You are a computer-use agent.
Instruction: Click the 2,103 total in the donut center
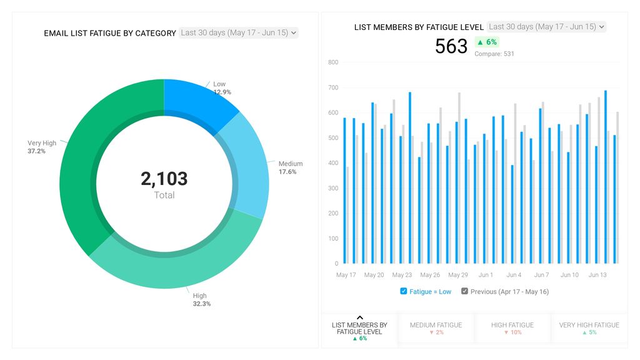point(164,179)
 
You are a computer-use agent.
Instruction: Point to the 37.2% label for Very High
point(36,151)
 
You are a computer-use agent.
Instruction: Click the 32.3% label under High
point(201,304)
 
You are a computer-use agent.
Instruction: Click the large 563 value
point(451,46)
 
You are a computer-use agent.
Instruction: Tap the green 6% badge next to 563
point(487,42)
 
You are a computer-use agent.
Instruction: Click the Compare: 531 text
point(494,54)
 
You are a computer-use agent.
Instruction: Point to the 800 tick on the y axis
point(332,62)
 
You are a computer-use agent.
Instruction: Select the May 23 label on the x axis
point(402,275)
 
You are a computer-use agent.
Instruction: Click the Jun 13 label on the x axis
point(597,275)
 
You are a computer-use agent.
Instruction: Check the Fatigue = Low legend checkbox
point(404,291)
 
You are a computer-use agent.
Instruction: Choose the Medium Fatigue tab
point(436,328)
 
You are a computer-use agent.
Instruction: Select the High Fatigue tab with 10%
point(512,328)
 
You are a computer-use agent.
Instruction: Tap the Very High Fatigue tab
point(589,328)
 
